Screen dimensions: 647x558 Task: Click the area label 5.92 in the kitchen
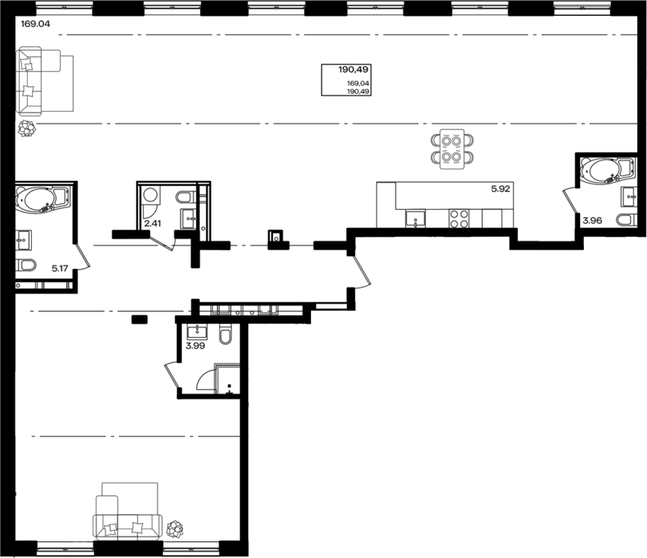click(500, 189)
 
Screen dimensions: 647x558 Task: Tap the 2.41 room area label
click(152, 223)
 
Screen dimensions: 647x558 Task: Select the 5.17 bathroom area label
click(60, 269)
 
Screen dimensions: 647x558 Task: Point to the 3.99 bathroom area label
click(195, 346)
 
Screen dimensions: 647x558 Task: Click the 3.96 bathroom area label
click(592, 221)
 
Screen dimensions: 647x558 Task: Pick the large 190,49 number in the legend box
click(353, 69)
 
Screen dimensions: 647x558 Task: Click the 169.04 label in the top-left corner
click(35, 24)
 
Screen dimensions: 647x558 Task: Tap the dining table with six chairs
click(452, 149)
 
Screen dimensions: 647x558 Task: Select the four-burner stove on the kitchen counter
click(460, 218)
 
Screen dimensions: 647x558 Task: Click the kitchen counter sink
click(415, 218)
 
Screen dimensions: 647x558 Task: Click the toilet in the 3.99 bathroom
click(226, 335)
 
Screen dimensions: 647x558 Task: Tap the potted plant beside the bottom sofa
click(175, 529)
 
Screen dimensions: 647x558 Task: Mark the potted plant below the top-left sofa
click(27, 128)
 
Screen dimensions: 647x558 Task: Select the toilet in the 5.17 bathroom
click(26, 265)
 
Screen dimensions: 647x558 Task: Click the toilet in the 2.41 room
click(186, 197)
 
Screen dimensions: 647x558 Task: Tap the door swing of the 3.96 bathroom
click(570, 200)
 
